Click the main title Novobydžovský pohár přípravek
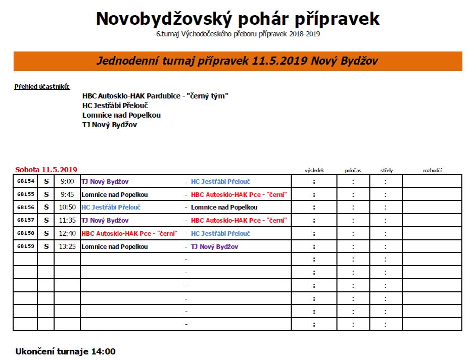click(x=238, y=19)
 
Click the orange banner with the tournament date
click(x=238, y=61)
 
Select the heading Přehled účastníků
click(x=42, y=86)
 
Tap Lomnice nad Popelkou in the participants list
click(x=121, y=115)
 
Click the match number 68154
click(x=25, y=181)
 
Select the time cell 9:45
click(x=67, y=194)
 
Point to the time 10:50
click(x=67, y=208)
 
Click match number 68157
click(x=25, y=221)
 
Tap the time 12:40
click(x=67, y=233)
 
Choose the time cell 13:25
click(x=67, y=246)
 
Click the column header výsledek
click(x=314, y=171)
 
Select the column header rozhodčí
click(x=432, y=171)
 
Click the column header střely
click(x=386, y=171)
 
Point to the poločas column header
click(x=353, y=171)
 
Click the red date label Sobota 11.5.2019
click(x=46, y=169)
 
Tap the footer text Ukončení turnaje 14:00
click(x=65, y=351)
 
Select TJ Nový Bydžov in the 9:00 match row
click(x=105, y=181)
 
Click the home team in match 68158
click(x=128, y=233)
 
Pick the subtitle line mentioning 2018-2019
click(x=238, y=34)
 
